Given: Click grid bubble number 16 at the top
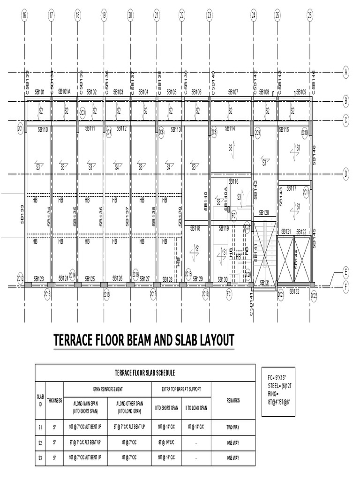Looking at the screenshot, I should coord(24,15).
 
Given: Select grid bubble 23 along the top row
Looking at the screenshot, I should coord(209,15).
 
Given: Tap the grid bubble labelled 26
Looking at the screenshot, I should coord(310,15).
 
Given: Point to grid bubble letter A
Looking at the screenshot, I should coord(346,73).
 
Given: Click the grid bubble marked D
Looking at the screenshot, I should coord(346,174).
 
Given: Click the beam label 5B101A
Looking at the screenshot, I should coord(64,92).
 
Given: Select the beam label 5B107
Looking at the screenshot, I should coord(233,92).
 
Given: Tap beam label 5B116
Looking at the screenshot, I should coord(233,181).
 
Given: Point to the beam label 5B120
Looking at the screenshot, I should coord(264,213).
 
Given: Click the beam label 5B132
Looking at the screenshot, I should coord(294,292).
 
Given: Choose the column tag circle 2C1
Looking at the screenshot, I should coord(21,128).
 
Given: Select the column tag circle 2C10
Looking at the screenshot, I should coord(305,133).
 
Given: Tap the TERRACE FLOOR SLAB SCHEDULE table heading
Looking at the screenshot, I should coord(145,373).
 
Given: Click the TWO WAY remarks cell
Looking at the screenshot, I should coord(233,427).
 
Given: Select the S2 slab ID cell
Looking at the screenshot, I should coord(40,442).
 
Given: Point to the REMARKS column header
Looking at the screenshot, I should coord(233,401).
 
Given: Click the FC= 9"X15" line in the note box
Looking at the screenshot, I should coord(277,377).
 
